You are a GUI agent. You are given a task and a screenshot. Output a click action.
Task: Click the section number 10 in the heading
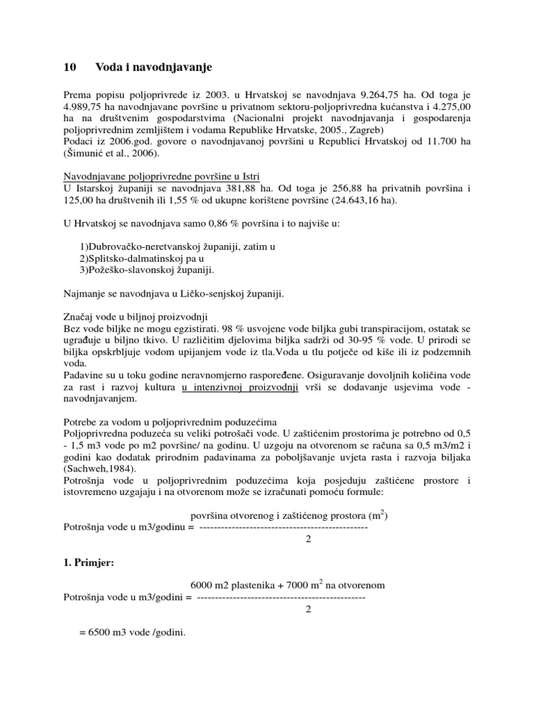pos(69,68)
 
